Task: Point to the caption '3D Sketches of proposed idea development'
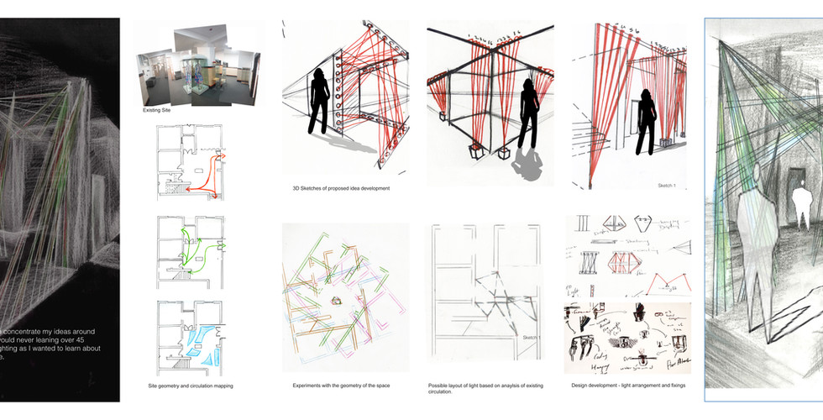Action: click(336, 188)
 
